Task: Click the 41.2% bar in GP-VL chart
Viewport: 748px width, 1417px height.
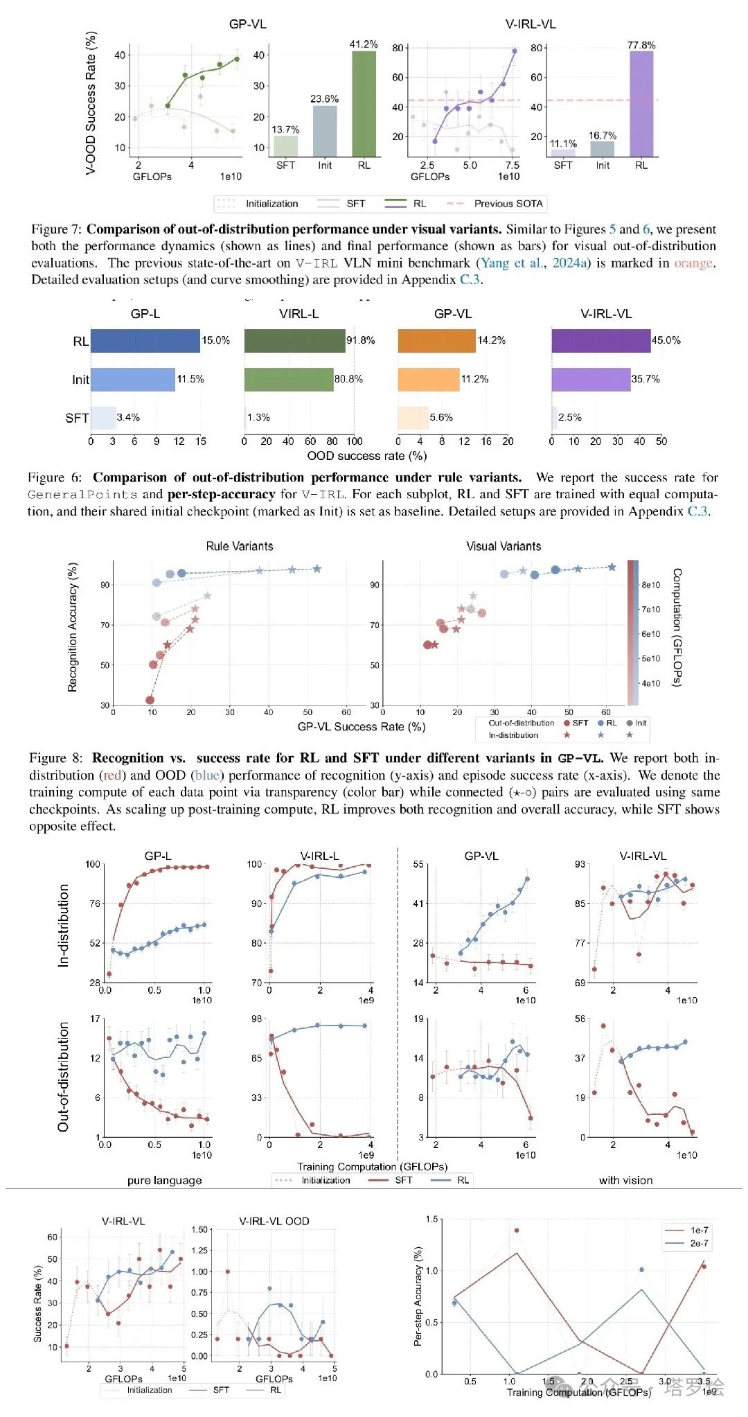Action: [x=364, y=104]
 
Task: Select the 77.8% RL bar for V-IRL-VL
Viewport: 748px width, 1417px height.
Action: [x=641, y=104]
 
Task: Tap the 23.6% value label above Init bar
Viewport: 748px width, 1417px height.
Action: [x=324, y=99]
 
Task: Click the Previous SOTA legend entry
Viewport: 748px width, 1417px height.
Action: [x=508, y=204]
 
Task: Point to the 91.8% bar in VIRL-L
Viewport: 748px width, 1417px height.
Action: [x=294, y=340]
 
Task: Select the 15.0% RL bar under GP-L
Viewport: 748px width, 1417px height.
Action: [x=145, y=340]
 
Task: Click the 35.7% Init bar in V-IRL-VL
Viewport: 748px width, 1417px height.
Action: [x=591, y=379]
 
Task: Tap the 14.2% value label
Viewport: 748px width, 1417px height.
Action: [x=491, y=340]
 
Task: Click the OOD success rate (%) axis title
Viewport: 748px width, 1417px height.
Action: [x=367, y=456]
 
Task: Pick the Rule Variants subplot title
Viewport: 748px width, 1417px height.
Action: [x=240, y=546]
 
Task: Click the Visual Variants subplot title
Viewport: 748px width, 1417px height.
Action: [x=504, y=546]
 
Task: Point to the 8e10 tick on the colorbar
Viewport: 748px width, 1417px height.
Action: [x=650, y=585]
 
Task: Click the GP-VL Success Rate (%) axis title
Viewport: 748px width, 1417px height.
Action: [x=362, y=727]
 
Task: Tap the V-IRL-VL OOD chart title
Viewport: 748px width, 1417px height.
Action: [x=274, y=1221]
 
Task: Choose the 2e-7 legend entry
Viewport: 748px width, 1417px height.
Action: [x=699, y=1243]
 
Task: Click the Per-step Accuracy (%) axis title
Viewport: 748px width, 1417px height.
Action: [x=418, y=1296]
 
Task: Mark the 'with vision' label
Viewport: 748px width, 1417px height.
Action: [x=625, y=1180]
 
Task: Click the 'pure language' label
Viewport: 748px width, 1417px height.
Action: [x=165, y=1180]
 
